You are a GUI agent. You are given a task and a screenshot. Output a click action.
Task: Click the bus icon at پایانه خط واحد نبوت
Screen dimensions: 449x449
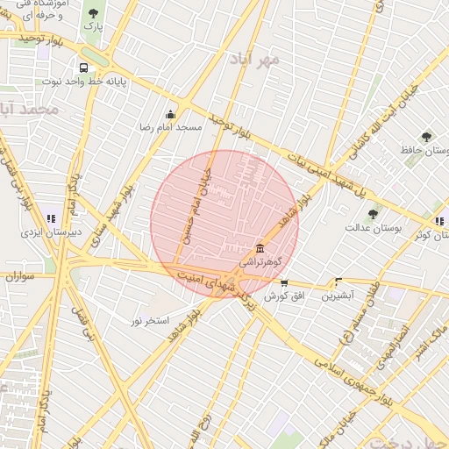click(x=83, y=68)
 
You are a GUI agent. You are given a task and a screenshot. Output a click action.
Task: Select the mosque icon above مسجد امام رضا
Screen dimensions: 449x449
click(x=170, y=114)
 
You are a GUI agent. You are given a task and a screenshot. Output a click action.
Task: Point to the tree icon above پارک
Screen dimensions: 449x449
click(x=93, y=13)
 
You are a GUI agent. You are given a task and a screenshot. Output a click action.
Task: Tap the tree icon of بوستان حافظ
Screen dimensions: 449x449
click(x=426, y=137)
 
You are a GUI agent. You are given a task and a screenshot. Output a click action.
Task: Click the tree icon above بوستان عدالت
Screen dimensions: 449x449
click(x=373, y=213)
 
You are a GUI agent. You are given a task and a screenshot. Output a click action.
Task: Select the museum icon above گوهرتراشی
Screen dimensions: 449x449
click(x=260, y=248)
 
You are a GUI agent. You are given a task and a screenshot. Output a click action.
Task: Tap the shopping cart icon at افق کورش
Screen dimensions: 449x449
click(x=283, y=282)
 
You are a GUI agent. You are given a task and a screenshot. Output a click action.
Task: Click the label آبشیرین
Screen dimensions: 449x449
click(x=337, y=296)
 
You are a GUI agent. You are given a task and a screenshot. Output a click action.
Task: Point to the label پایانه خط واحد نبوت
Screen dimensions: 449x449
click(x=85, y=82)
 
